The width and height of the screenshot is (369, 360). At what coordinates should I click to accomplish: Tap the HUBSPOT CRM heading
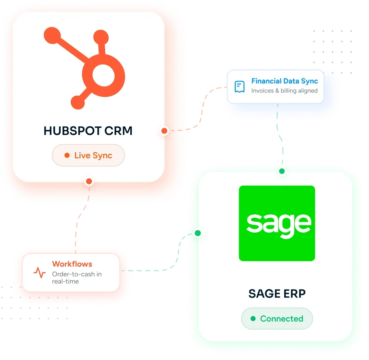pyautogui.click(x=88, y=131)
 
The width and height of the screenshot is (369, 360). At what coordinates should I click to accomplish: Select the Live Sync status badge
pyautogui.click(x=88, y=155)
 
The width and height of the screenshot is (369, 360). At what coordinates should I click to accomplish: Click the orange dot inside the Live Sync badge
pyautogui.click(x=67, y=155)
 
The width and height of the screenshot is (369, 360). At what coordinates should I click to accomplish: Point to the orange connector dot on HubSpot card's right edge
pyautogui.click(x=164, y=131)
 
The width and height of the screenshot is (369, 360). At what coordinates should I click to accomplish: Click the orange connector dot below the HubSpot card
pyautogui.click(x=89, y=181)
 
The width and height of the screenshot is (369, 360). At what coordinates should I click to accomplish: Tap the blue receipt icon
pyautogui.click(x=240, y=87)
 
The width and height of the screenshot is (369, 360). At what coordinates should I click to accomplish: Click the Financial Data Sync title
pyautogui.click(x=285, y=81)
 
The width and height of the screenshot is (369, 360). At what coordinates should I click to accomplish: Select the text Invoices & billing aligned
pyautogui.click(x=284, y=91)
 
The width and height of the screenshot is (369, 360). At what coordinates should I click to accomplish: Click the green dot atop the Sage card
pyautogui.click(x=282, y=171)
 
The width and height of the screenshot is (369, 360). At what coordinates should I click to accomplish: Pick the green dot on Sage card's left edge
pyautogui.click(x=198, y=233)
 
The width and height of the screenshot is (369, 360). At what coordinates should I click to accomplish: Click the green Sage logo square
pyautogui.click(x=277, y=223)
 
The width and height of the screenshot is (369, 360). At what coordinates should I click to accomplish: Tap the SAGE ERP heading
pyautogui.click(x=277, y=294)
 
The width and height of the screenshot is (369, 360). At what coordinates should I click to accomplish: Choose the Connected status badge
pyautogui.click(x=277, y=318)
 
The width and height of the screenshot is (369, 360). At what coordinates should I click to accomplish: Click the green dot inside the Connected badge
pyautogui.click(x=253, y=318)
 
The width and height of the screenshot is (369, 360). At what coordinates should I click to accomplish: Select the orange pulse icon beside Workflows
pyautogui.click(x=40, y=273)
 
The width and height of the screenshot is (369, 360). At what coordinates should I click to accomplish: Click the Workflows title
pyautogui.click(x=72, y=264)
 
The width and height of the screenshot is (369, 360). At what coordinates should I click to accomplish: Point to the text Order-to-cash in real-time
pyautogui.click(x=77, y=277)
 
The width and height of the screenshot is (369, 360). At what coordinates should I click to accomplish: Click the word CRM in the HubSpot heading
pyautogui.click(x=119, y=131)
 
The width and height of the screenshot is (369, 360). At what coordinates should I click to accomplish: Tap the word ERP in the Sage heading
pyautogui.click(x=294, y=294)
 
